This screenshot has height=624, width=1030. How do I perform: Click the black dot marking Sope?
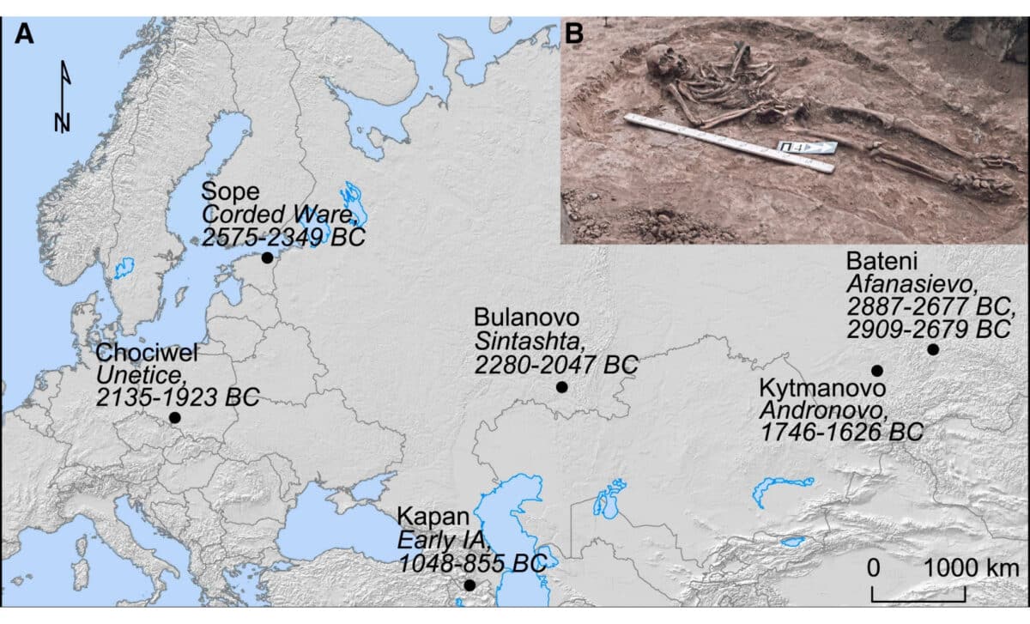tap(267, 257)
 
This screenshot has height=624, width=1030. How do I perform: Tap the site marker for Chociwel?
tap(175, 417)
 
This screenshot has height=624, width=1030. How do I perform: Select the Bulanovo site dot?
tap(562, 387)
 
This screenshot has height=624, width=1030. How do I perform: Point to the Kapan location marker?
tap(470, 585)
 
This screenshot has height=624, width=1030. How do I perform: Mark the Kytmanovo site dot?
tap(877, 371)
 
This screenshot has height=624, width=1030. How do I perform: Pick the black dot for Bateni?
tap(933, 349)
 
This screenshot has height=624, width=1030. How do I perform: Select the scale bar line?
tap(919, 595)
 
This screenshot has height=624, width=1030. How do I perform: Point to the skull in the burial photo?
tap(660, 63)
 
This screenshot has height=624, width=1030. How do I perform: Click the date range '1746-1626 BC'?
tap(841, 431)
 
